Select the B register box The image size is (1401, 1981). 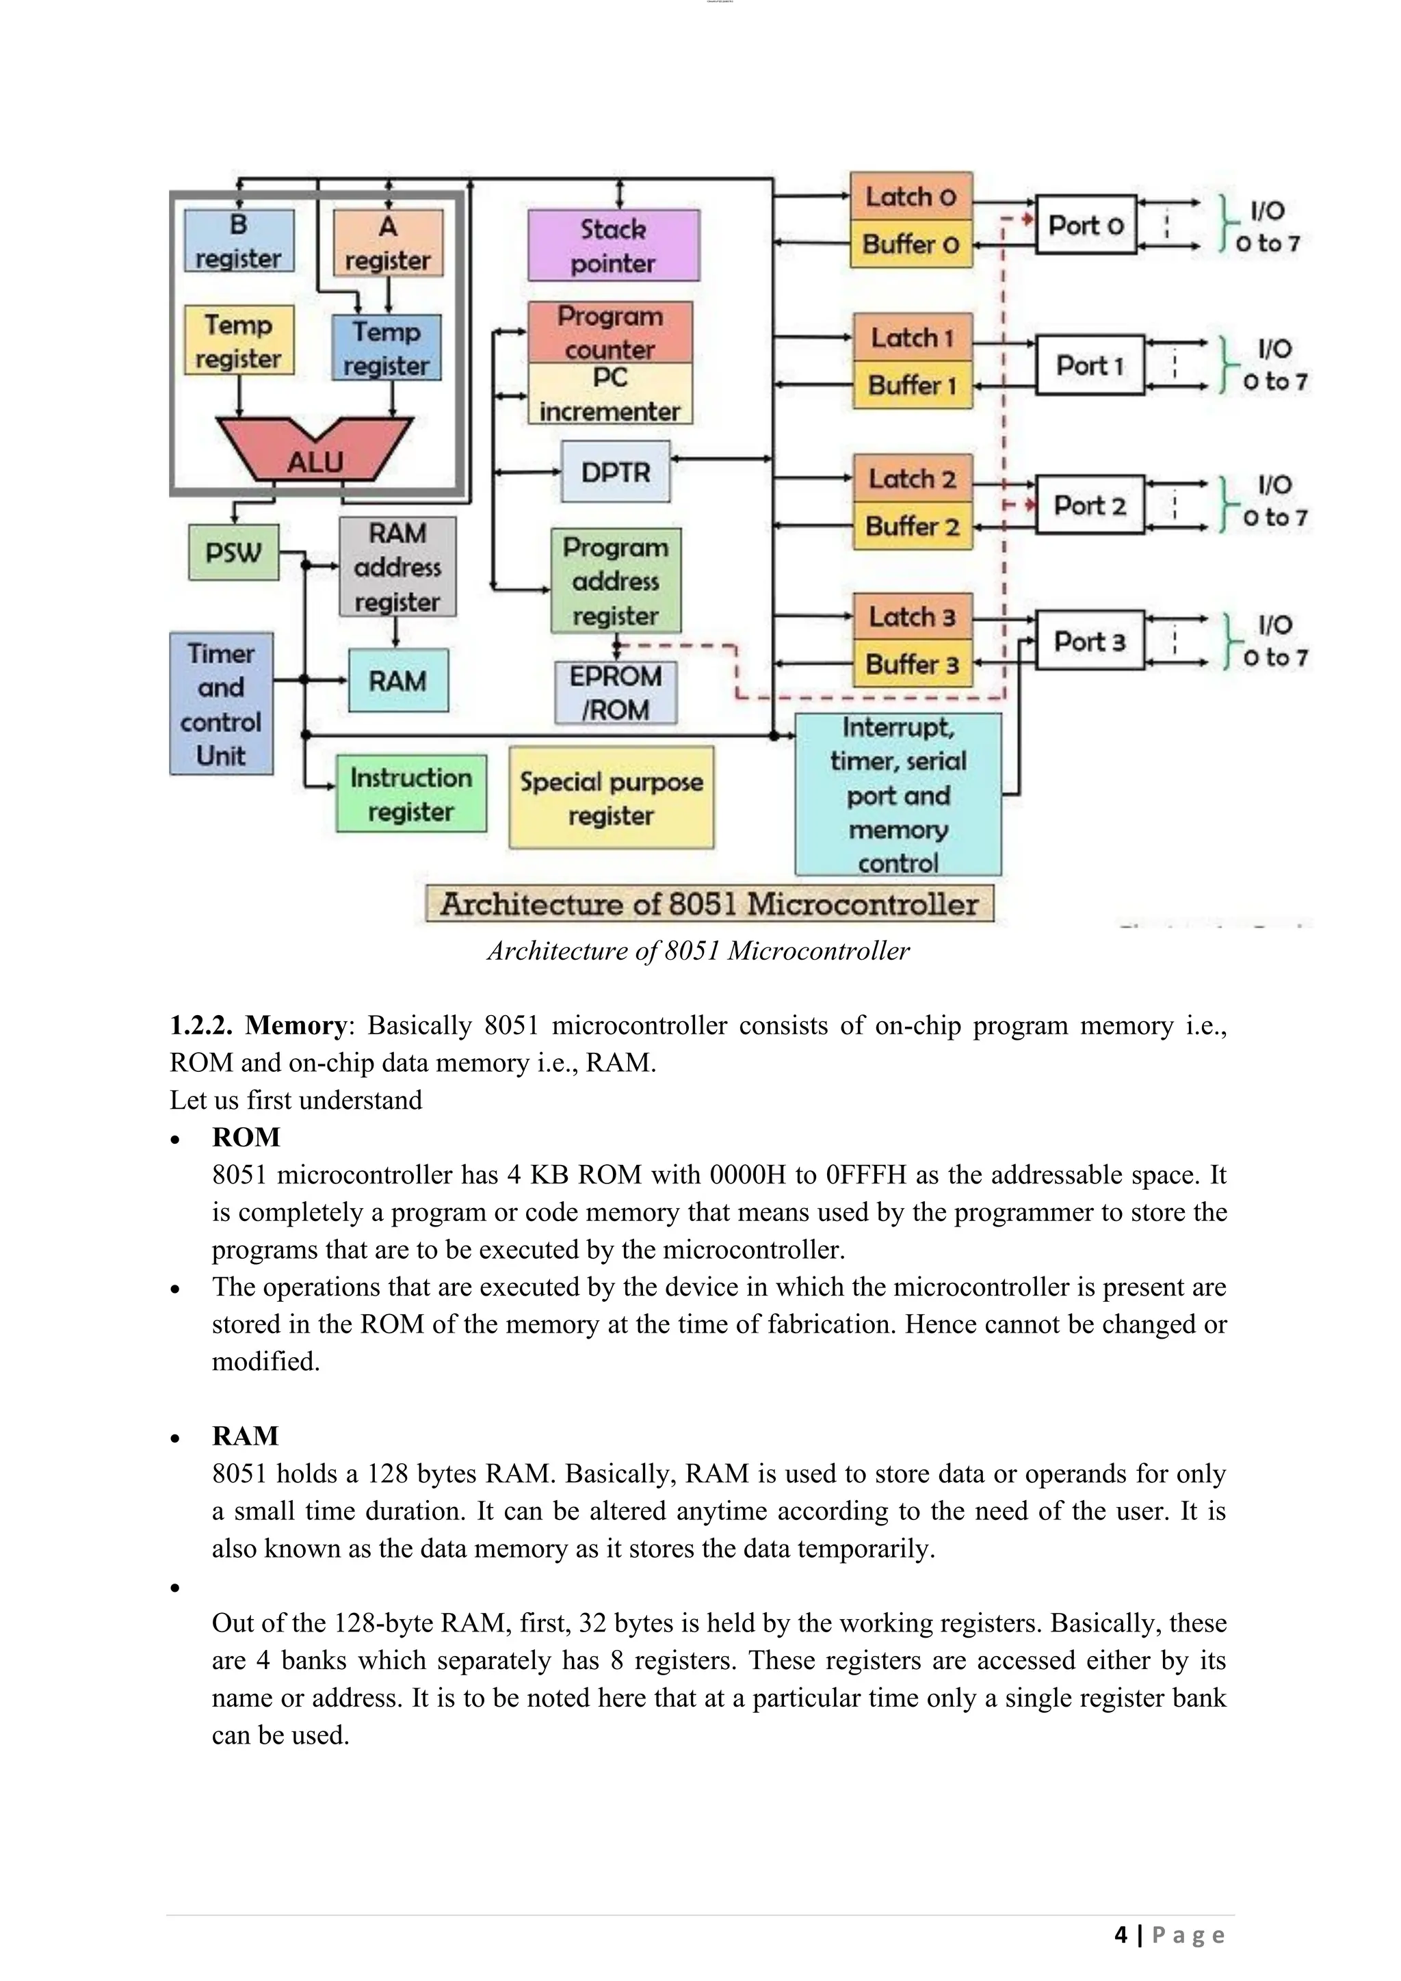click(239, 241)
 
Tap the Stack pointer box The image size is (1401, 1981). click(614, 245)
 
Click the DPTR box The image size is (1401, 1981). click(615, 472)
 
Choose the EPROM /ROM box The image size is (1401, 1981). click(615, 692)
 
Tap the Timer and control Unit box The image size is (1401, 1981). click(221, 703)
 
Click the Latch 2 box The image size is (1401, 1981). click(912, 479)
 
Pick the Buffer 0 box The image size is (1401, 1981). click(911, 244)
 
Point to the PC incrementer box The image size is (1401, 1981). click(610, 394)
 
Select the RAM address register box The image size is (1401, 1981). click(397, 567)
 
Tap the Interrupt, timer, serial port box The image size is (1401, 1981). click(898, 793)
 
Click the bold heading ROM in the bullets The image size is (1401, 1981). click(246, 1137)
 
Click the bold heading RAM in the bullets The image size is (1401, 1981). click(245, 1436)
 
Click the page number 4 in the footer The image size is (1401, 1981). click(1121, 1934)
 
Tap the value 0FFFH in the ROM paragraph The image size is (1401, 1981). click(865, 1175)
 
